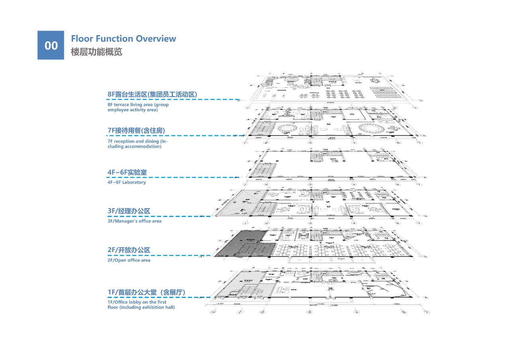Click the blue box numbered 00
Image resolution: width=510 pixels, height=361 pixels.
pyautogui.click(x=51, y=45)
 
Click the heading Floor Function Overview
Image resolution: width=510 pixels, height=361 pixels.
pyautogui.click(x=123, y=39)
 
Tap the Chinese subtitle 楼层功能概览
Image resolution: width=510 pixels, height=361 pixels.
pyautogui.click(x=96, y=52)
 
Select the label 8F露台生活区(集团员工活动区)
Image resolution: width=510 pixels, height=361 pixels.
pyautogui.click(x=153, y=94)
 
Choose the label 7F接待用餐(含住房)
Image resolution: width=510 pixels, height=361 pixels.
pyautogui.click(x=136, y=130)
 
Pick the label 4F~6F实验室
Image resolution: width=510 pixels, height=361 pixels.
pyautogui.click(x=127, y=172)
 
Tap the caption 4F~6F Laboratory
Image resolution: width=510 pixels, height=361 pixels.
pyautogui.click(x=127, y=182)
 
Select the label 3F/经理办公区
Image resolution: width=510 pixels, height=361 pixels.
pyautogui.click(x=129, y=211)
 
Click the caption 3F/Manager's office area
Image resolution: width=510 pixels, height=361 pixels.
pyautogui.click(x=134, y=221)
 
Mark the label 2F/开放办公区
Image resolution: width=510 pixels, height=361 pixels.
pyautogui.click(x=129, y=250)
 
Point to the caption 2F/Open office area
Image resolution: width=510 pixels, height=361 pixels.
pyautogui.click(x=129, y=260)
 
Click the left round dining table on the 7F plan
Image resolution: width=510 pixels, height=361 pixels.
pyautogui.click(x=290, y=129)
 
